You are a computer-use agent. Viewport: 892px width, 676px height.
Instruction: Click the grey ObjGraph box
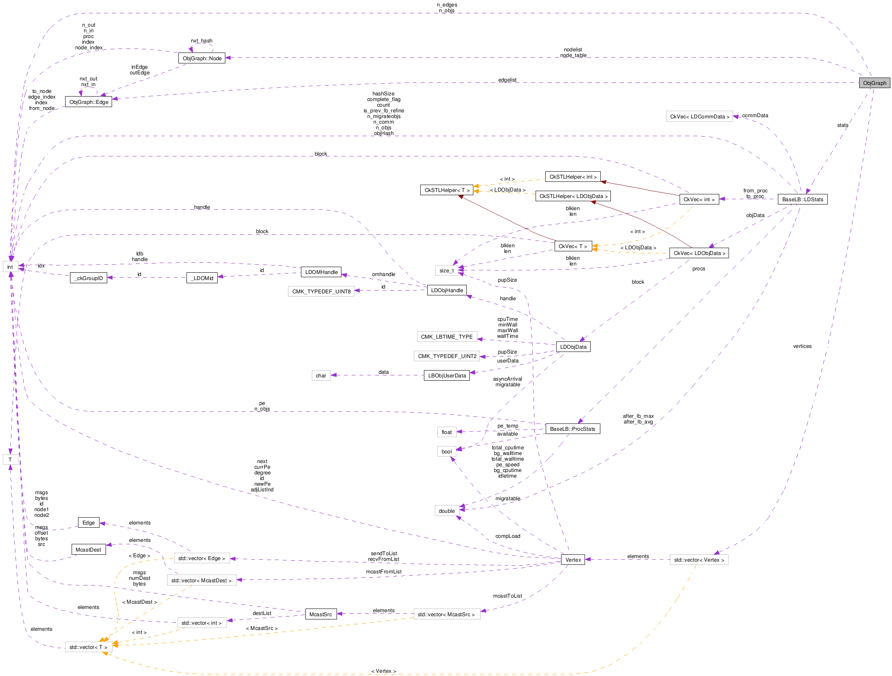(874, 83)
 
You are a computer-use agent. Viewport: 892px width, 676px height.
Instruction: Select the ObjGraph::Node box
(201, 58)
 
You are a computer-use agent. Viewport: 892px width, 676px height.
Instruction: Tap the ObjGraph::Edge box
(89, 102)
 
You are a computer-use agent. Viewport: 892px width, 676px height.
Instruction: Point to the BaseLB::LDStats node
(802, 199)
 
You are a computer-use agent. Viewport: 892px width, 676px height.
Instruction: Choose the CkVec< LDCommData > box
(699, 116)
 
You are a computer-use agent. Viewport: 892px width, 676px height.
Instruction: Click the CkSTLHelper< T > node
(447, 190)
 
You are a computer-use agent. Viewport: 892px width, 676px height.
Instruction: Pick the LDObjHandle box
(447, 290)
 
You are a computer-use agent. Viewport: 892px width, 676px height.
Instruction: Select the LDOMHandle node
(321, 272)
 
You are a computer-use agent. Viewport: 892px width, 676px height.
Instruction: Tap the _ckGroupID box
(89, 278)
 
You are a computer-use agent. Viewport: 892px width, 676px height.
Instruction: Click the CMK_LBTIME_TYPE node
(447, 337)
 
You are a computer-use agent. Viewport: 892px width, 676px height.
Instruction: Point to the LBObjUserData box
(447, 375)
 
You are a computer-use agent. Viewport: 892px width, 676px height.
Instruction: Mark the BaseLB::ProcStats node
(572, 429)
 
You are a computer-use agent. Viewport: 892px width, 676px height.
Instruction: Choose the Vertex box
(573, 560)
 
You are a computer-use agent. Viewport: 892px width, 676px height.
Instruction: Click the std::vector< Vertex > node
(699, 560)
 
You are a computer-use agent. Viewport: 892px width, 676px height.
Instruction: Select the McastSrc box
(320, 614)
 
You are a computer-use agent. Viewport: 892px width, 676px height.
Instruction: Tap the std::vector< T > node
(88, 647)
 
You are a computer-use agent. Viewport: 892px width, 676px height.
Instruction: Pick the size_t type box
(447, 270)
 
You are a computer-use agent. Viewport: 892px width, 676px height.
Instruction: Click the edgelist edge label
(507, 80)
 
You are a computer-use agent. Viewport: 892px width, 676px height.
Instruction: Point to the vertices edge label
(802, 346)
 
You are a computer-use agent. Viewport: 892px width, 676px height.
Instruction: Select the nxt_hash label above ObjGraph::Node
(201, 41)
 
